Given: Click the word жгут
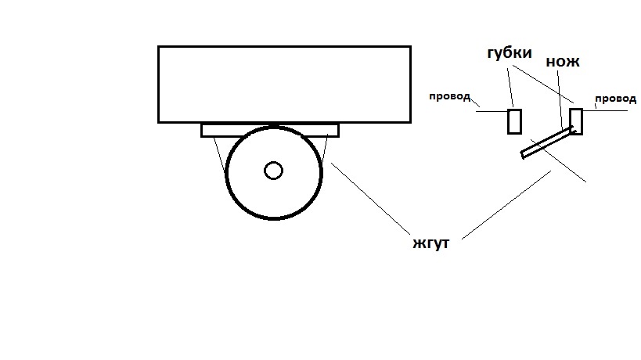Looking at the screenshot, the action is pyautogui.click(x=431, y=243).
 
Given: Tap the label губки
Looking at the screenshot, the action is pyautogui.click(x=510, y=52).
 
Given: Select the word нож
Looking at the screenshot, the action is pyautogui.click(x=563, y=61).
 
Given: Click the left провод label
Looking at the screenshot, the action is pyautogui.click(x=449, y=96).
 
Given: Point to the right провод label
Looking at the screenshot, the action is pyautogui.click(x=615, y=99).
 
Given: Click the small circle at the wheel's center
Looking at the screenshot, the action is pyautogui.click(x=273, y=171).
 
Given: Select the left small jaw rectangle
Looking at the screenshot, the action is pyautogui.click(x=514, y=121).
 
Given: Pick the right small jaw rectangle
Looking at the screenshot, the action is pyautogui.click(x=576, y=121).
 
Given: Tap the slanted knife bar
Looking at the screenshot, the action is pyautogui.click(x=547, y=142).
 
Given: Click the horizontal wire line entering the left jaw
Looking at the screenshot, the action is pyautogui.click(x=492, y=111).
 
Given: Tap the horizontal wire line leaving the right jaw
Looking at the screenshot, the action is pyautogui.click(x=605, y=110).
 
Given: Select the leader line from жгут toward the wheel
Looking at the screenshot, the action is pyautogui.click(x=370, y=199).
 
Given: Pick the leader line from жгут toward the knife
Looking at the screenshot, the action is pyautogui.click(x=506, y=205).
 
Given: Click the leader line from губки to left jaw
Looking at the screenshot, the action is pyautogui.click(x=510, y=88).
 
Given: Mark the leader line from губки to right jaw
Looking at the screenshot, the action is pyautogui.click(x=543, y=84).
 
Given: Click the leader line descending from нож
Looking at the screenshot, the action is pyautogui.click(x=560, y=99).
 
